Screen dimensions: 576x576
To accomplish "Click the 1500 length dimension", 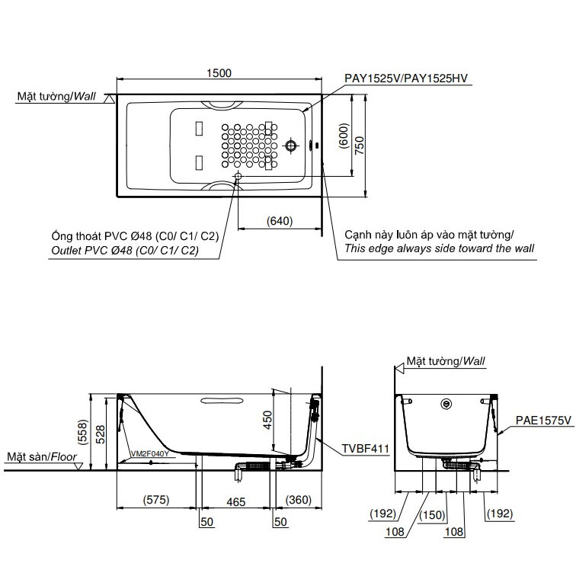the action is (219, 73).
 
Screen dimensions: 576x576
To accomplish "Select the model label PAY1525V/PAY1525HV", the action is (406, 78).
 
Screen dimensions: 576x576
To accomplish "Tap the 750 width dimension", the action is (360, 145).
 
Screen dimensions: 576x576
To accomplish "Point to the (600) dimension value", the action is (344, 136).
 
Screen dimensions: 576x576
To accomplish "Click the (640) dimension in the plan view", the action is (280, 221).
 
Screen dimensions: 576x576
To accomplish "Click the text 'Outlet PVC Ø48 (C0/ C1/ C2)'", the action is (125, 251).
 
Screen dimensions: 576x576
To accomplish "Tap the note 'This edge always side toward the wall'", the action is (439, 248).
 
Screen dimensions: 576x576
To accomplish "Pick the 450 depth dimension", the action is (267, 420).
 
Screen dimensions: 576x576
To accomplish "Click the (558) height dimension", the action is (83, 432).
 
